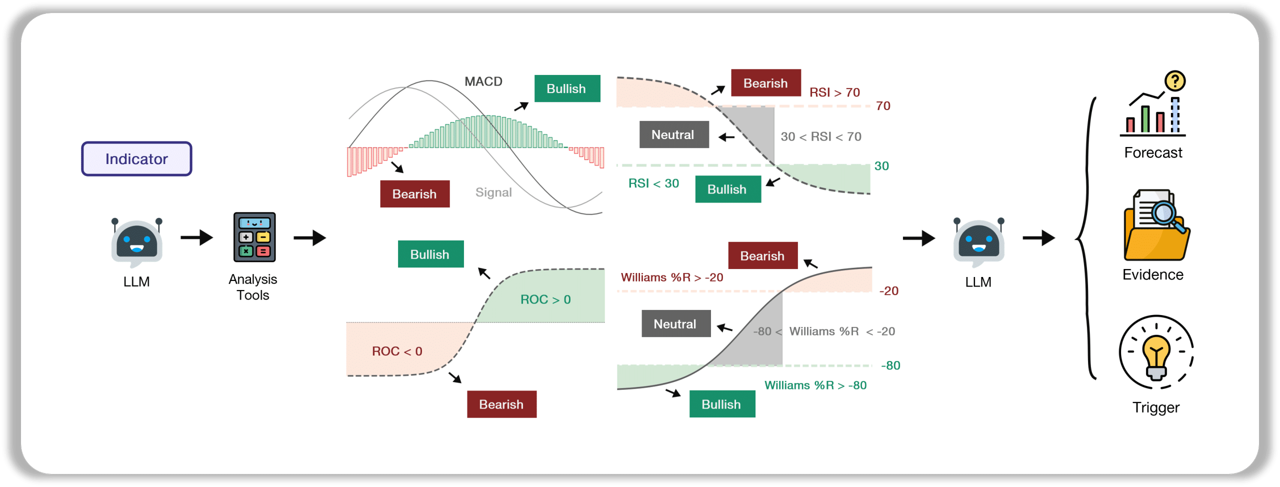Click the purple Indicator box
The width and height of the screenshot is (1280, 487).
(136, 158)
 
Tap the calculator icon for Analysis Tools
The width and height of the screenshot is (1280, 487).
(254, 237)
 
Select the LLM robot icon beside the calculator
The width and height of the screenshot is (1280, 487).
(136, 242)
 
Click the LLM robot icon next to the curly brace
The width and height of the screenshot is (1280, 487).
(978, 242)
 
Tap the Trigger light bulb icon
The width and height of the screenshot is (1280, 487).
(1156, 352)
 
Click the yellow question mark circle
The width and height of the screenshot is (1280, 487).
(1175, 80)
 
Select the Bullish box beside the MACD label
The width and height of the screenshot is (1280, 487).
(567, 88)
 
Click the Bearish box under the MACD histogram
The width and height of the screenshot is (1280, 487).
(414, 193)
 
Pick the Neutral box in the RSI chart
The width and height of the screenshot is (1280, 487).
(674, 134)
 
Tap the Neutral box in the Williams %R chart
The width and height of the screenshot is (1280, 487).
(676, 323)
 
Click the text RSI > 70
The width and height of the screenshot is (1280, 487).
(834, 92)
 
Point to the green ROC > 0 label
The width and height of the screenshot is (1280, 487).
(545, 299)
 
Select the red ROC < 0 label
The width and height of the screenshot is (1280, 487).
(397, 351)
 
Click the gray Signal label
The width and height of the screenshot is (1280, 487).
(493, 192)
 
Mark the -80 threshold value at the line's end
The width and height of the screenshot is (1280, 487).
(890, 365)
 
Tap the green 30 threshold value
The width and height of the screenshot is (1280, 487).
(881, 166)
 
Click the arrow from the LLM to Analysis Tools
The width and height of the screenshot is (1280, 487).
(196, 237)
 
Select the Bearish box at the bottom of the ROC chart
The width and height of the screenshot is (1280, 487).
(501, 404)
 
